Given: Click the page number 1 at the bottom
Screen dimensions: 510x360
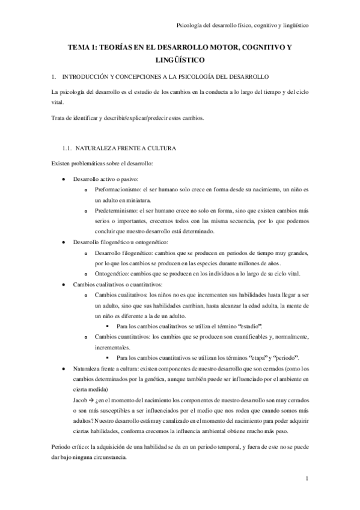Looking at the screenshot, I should tap(307, 479).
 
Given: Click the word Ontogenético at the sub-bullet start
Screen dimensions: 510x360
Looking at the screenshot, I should tap(114, 274).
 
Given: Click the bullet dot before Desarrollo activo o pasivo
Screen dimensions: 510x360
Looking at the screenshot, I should tap(64, 179).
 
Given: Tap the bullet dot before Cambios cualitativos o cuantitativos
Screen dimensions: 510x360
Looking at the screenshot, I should tap(64, 284).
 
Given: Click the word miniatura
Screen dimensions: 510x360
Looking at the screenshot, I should tap(139, 200).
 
